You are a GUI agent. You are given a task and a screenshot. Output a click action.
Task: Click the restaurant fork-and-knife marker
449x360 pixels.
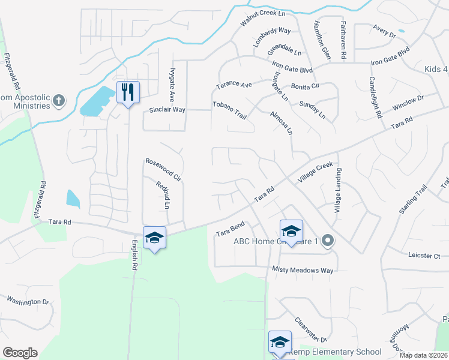[x=128, y=92]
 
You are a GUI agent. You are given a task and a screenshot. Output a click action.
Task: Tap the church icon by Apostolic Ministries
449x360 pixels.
[x=59, y=100]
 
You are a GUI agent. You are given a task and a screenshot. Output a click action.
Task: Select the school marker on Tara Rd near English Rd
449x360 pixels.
[x=154, y=238]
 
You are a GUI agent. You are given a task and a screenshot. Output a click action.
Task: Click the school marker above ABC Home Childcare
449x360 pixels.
[x=291, y=231]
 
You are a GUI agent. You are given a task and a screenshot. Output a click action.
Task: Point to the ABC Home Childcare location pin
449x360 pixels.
[x=327, y=242]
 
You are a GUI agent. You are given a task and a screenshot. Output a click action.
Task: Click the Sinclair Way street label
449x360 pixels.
[x=167, y=110]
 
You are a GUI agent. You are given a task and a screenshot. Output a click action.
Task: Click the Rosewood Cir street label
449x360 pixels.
[x=163, y=169]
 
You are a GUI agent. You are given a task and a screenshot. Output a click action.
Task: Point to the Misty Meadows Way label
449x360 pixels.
[x=303, y=270]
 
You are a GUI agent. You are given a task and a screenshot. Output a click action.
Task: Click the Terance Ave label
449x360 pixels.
[x=234, y=85]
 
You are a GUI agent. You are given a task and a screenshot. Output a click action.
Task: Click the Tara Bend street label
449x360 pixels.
[x=231, y=229]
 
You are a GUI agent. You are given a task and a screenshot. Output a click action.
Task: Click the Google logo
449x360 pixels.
[x=20, y=353]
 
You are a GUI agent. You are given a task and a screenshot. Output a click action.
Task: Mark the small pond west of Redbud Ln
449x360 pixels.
[x=73, y=199]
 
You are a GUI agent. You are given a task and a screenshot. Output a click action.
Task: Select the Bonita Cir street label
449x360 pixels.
[x=306, y=86]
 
